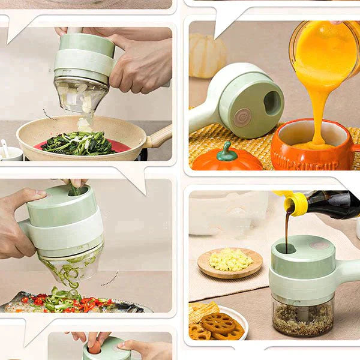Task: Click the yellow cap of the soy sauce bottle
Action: (x=298, y=203)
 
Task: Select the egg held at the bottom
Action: (x=95, y=347)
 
